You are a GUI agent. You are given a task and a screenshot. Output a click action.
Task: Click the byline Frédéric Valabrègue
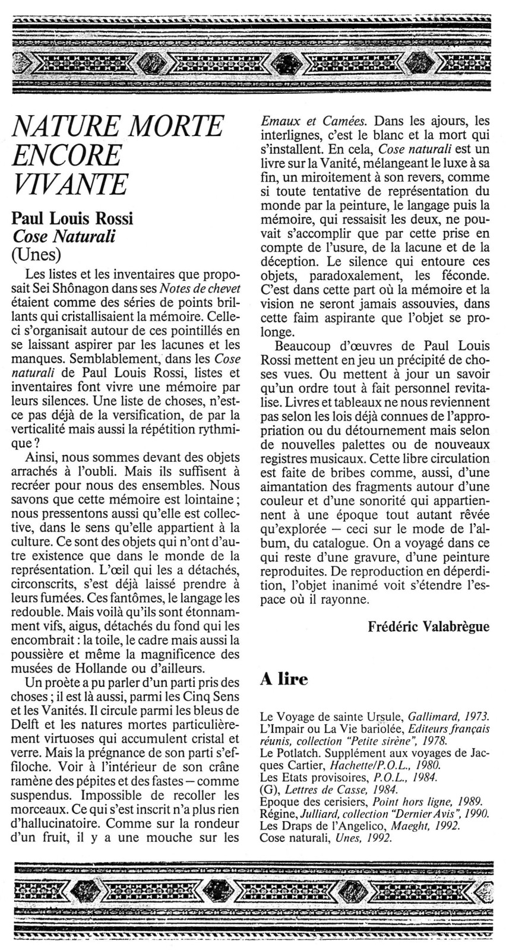pyautogui.click(x=429, y=625)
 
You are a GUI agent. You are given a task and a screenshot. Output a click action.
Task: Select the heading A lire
pyautogui.click(x=284, y=679)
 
